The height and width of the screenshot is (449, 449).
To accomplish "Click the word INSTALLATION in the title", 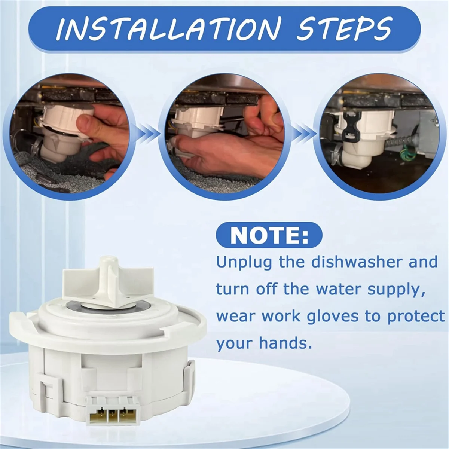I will [169, 28].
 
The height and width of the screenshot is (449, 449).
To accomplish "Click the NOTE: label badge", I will [269, 235].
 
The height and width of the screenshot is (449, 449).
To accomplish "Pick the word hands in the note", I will [290, 343].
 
